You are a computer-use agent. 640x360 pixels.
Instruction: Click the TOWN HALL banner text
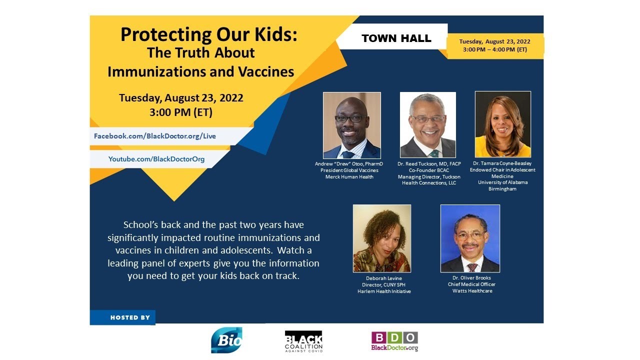396,38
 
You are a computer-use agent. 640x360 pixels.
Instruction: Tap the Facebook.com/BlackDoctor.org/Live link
155,136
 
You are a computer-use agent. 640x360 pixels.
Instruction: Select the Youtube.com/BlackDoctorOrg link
156,159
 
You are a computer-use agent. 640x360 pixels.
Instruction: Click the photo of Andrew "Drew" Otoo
352,125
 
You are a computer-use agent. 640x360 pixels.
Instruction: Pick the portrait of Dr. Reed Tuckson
427,125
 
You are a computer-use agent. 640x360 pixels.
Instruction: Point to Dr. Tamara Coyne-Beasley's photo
502,124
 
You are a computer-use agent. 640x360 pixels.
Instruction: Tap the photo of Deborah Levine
382,238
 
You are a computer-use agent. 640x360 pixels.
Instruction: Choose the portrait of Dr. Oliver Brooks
470,238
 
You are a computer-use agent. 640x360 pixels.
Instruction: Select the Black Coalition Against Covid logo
303,341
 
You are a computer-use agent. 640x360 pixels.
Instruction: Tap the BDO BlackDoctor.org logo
394,341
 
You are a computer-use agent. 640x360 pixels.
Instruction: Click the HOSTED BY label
130,317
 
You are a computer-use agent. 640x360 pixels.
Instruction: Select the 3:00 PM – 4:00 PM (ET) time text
495,49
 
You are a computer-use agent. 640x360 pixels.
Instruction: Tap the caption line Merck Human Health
349,176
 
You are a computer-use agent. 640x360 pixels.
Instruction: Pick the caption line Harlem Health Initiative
384,291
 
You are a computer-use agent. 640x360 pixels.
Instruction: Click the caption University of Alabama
502,182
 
